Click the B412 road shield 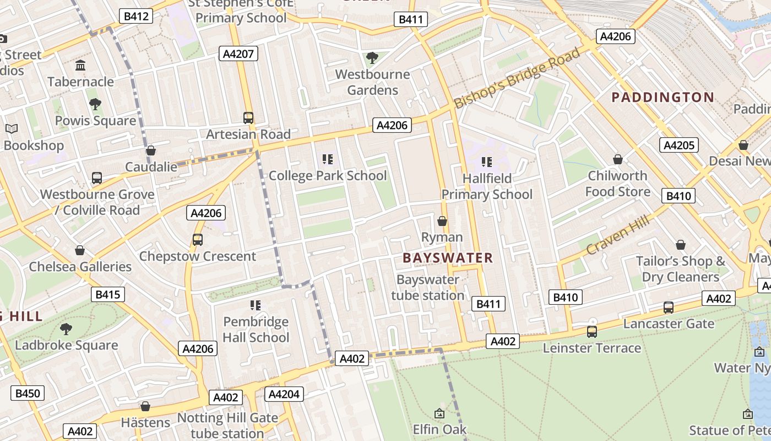pos(136,16)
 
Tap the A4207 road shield pos(238,53)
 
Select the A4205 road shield pos(678,145)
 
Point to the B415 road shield pos(107,294)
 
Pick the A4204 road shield pos(284,394)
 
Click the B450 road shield pos(28,393)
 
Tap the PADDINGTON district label pos(663,98)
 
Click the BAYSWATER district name pos(447,258)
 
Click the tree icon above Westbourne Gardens pos(372,57)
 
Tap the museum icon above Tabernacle pos(80,66)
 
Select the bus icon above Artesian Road pos(248,117)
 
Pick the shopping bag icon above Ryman pos(442,221)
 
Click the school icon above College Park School pos(328,159)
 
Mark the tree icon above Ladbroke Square pos(66,329)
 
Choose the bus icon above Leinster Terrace pos(592,332)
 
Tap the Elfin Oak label pos(439,429)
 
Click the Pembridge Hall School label pos(256,329)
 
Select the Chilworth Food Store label pos(617,184)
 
